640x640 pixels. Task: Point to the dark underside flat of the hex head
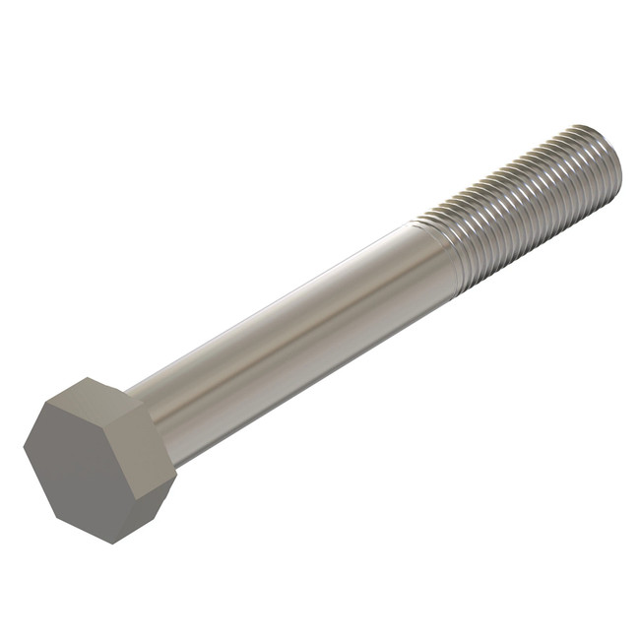coord(148,509)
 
